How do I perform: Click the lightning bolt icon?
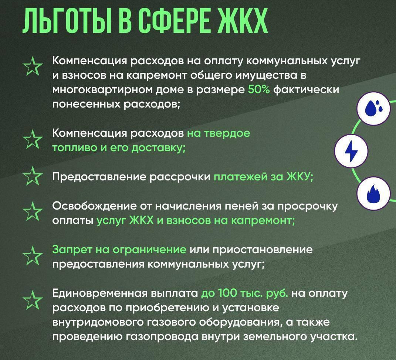[351, 151]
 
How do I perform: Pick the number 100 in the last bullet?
[227, 293]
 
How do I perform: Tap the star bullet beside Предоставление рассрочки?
[33, 176]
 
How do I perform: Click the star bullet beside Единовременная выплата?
[33, 300]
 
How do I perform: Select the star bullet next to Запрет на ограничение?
[33, 256]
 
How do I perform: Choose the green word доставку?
[159, 148]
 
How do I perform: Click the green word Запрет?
[72, 250]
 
